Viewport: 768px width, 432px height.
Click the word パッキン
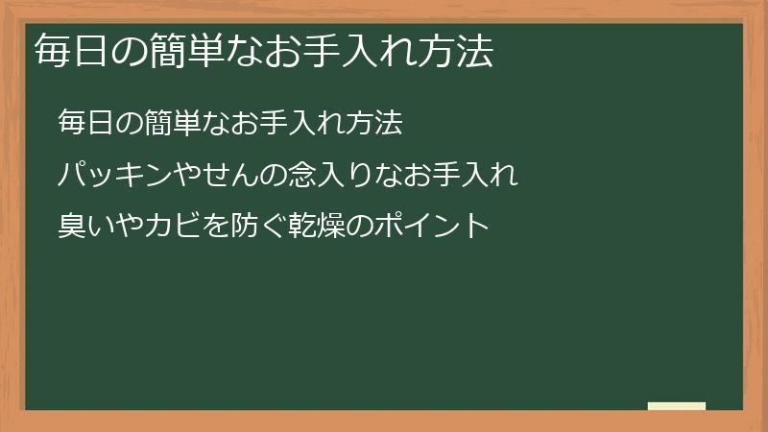pyautogui.click(x=116, y=175)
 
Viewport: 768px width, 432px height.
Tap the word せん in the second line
pyautogui.click(x=230, y=175)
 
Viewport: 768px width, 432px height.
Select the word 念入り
pyautogui.click(x=331, y=175)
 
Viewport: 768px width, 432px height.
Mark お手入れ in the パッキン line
pyautogui.click(x=461, y=175)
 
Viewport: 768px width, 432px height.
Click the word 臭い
pyautogui.click(x=86, y=228)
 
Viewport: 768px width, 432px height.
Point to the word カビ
pyautogui.click(x=173, y=228)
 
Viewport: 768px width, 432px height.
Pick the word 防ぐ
pyautogui.click(x=259, y=228)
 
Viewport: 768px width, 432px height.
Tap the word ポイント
pyautogui.click(x=432, y=228)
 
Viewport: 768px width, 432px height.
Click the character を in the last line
pyautogui.click(x=217, y=228)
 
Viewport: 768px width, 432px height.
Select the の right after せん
pyautogui.click(x=274, y=175)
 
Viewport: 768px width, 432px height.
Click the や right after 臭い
pyautogui.click(x=130, y=228)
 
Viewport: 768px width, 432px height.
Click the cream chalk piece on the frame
pyautogui.click(x=676, y=406)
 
